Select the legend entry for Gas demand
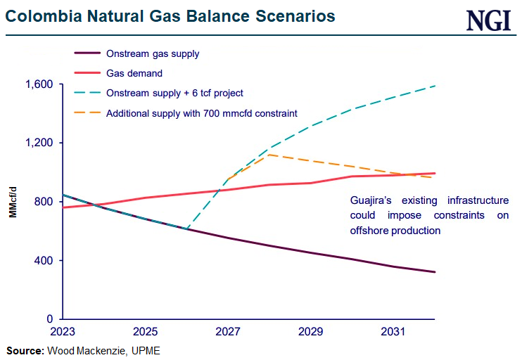[134, 72]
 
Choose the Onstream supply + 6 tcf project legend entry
[174, 92]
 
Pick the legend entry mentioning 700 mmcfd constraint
[201, 112]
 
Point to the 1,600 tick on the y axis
[39, 84]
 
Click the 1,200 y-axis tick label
[39, 143]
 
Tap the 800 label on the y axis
[44, 202]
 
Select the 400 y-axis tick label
[44, 260]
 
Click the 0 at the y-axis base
[51, 319]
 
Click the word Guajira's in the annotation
[374, 200]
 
